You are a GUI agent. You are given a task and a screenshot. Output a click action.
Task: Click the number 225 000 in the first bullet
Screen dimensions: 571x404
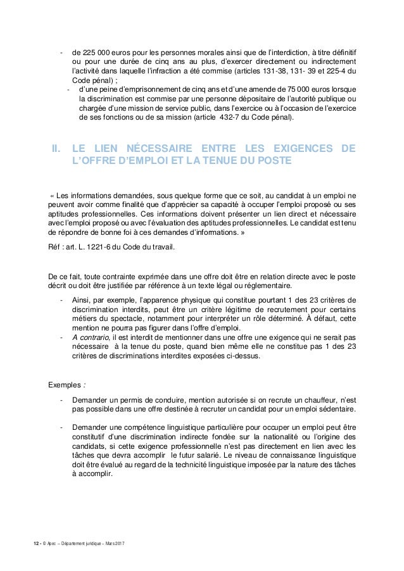click(95, 51)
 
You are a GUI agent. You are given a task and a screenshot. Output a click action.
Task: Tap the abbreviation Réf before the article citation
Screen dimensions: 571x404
click(56, 247)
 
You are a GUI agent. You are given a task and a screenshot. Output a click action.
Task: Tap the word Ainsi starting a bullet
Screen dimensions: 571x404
click(82, 299)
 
